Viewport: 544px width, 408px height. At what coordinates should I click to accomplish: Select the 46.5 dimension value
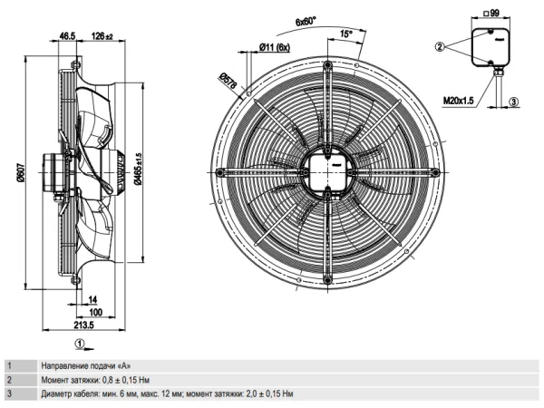pyautogui.click(x=67, y=36)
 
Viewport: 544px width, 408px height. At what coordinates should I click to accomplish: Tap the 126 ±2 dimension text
pyautogui.click(x=102, y=36)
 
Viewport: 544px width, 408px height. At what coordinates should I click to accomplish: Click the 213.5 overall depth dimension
pyautogui.click(x=84, y=325)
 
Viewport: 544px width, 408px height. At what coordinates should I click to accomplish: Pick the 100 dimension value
pyautogui.click(x=96, y=312)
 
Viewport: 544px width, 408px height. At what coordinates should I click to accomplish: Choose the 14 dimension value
pyautogui.click(x=92, y=299)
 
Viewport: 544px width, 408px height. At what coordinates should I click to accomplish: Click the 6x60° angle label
pyautogui.click(x=306, y=22)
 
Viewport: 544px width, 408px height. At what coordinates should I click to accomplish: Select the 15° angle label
pyautogui.click(x=346, y=34)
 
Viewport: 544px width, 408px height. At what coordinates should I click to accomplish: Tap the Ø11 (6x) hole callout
pyautogui.click(x=275, y=47)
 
